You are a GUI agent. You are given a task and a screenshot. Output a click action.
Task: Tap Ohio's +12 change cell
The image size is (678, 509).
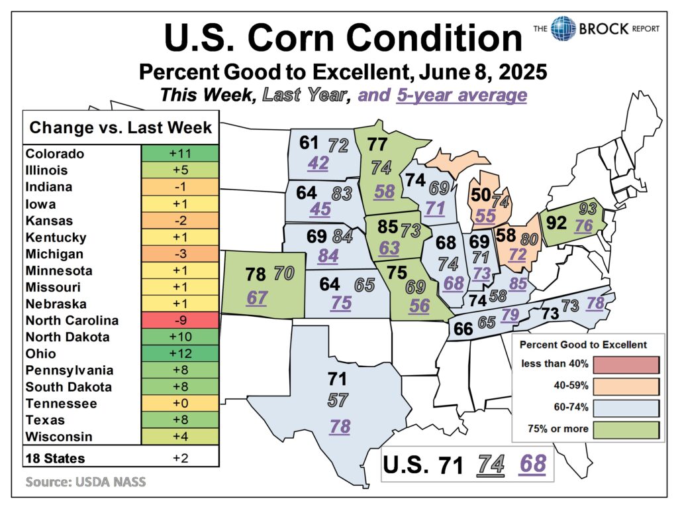click(x=179, y=354)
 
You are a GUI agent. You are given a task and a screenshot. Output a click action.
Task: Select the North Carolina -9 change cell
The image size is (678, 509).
click(x=179, y=321)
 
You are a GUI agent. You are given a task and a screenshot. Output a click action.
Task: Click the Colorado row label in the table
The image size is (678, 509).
click(x=55, y=154)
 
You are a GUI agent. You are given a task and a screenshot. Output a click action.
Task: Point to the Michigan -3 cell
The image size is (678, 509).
click(x=179, y=254)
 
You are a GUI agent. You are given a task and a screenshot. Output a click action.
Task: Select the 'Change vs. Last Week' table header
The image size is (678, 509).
click(x=121, y=127)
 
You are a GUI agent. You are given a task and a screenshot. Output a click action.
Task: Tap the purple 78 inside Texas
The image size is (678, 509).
click(x=340, y=427)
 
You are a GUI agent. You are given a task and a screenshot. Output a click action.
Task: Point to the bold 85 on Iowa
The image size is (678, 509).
click(x=387, y=227)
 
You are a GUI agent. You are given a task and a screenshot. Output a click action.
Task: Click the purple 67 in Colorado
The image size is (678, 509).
click(x=256, y=298)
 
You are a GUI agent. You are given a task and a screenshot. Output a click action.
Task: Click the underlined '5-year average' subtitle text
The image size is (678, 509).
click(x=461, y=95)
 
